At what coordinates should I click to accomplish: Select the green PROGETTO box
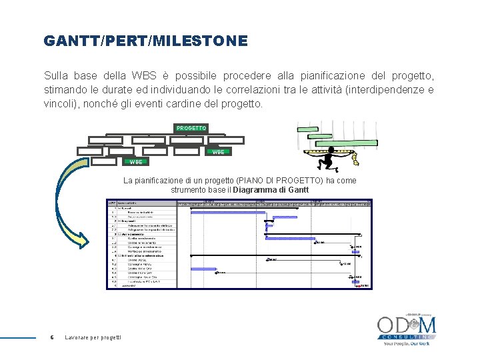[191, 127]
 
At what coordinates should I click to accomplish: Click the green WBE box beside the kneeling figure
[218, 152]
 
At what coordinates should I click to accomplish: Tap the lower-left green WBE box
[136, 161]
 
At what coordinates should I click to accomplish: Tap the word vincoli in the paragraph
[59, 104]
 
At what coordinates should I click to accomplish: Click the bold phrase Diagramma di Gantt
[271, 190]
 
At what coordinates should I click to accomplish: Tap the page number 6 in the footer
[52, 338]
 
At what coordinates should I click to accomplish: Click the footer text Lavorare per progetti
[93, 338]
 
